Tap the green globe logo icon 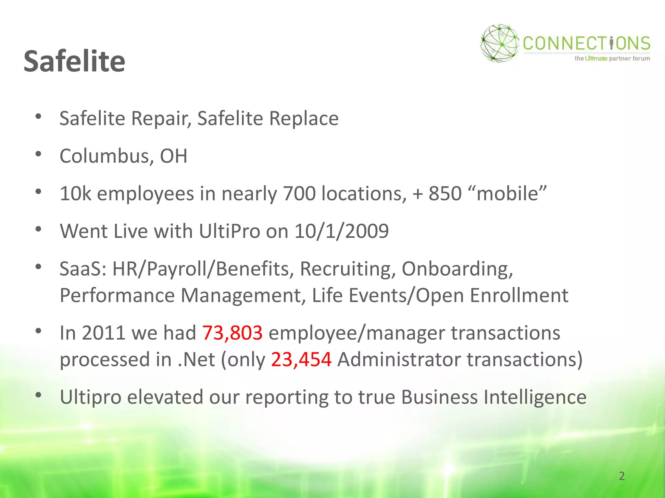499,43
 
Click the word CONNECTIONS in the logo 586,43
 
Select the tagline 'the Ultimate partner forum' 612,59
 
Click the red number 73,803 232,333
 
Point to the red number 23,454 301,360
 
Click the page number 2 621,476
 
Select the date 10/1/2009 341,231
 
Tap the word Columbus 104,156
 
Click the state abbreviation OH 174,156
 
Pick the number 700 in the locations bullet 299,194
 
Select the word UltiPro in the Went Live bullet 229,231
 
